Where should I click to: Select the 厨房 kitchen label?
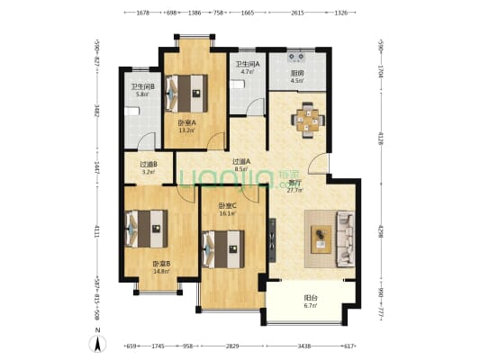click(x=296, y=74)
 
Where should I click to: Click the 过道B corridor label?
click(x=149, y=164)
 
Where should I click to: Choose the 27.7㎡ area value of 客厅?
click(x=294, y=191)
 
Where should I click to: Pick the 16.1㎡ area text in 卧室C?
click(x=227, y=213)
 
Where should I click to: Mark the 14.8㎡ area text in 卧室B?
click(x=161, y=271)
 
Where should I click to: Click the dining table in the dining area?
click(x=307, y=118)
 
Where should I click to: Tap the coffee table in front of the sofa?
click(x=322, y=238)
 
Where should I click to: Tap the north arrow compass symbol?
click(x=97, y=343)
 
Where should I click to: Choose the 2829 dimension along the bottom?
click(x=232, y=346)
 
